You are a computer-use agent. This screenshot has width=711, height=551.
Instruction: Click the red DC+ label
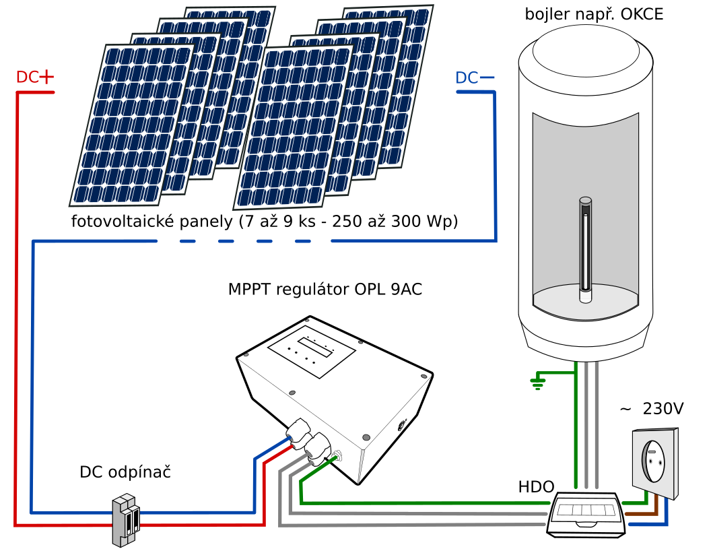(x=35, y=77)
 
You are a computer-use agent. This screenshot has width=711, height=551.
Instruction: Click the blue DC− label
(x=475, y=78)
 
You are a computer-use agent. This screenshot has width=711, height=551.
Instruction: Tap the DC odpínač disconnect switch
(x=126, y=521)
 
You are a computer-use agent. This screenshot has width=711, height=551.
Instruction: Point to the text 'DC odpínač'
(x=125, y=472)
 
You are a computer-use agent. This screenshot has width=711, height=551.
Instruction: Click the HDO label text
(x=536, y=487)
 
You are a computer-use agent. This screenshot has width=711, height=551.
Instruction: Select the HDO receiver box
(x=586, y=515)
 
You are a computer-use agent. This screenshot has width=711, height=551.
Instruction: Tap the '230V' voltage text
(x=663, y=409)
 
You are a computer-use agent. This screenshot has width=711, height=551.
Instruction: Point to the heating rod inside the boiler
(x=585, y=250)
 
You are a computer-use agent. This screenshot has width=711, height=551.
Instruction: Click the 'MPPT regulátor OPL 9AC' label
(x=325, y=289)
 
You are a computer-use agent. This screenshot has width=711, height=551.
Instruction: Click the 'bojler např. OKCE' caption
(x=594, y=14)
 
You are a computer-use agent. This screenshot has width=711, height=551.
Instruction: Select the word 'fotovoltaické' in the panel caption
(x=125, y=222)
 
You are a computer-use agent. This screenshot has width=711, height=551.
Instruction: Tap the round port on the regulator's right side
(x=401, y=426)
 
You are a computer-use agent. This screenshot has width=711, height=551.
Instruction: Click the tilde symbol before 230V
(x=625, y=409)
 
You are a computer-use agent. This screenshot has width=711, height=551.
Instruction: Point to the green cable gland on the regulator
(x=337, y=455)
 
